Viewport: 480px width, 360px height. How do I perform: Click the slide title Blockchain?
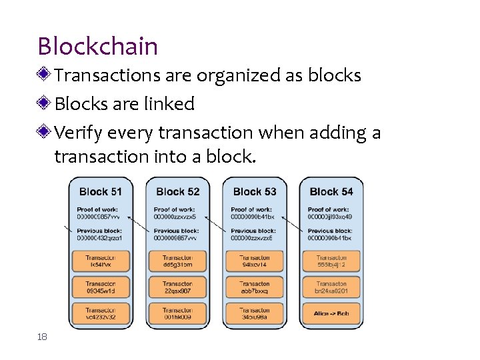click(x=98, y=47)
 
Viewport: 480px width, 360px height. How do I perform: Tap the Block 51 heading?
click(x=100, y=192)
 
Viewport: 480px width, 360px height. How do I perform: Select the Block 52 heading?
click(x=177, y=192)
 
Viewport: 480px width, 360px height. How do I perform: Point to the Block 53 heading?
click(x=254, y=192)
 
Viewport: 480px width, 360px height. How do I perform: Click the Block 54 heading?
click(x=331, y=192)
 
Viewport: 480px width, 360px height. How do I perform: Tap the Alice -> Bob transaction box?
click(x=331, y=313)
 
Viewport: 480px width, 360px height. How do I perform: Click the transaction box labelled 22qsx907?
click(x=177, y=287)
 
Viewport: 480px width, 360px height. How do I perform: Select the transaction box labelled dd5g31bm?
click(x=177, y=261)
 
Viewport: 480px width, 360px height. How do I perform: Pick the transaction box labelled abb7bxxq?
click(x=254, y=287)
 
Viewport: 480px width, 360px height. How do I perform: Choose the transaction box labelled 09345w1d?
click(x=100, y=287)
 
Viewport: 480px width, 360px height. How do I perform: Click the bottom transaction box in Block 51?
click(x=100, y=313)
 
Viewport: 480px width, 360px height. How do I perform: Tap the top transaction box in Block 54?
click(x=331, y=261)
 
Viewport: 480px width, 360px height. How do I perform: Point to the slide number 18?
click(x=43, y=337)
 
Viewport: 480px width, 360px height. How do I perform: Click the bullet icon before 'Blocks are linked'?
click(x=45, y=104)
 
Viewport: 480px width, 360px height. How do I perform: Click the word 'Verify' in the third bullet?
click(x=77, y=133)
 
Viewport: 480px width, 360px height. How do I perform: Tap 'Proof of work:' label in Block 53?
click(x=251, y=209)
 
